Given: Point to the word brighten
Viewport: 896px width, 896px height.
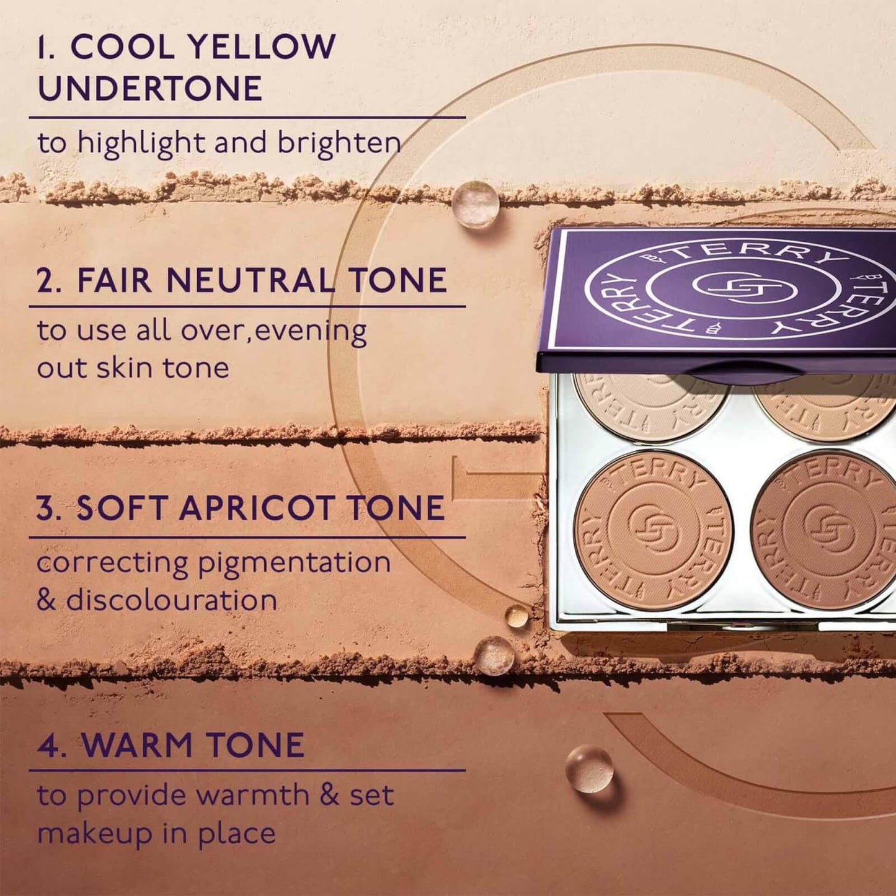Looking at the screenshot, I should (339, 143).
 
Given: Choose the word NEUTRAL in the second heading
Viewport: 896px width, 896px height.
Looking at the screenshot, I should (250, 280).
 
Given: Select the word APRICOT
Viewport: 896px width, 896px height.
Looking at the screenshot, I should (257, 508).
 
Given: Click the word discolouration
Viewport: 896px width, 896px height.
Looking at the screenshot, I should (172, 600).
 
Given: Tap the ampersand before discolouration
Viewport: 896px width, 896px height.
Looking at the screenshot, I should (47, 601).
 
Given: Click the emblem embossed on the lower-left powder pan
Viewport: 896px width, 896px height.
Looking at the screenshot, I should (654, 530).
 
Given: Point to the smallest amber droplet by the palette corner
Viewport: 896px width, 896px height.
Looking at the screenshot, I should (517, 616).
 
